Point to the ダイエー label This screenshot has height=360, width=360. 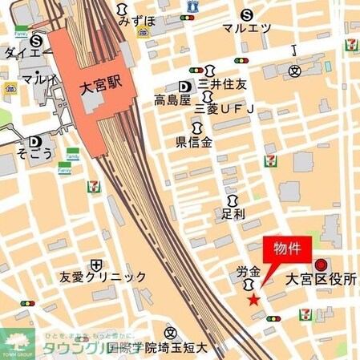pyautogui.click(x=22, y=53)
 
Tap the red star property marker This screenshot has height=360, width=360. pyautogui.click(x=253, y=300)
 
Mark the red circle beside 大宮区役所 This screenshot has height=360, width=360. pyautogui.click(x=321, y=265)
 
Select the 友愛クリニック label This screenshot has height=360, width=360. pyautogui.click(x=103, y=277)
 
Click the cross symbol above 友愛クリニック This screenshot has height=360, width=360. pyautogui.click(x=96, y=263)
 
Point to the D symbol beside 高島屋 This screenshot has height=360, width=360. pyautogui.click(x=184, y=87)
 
